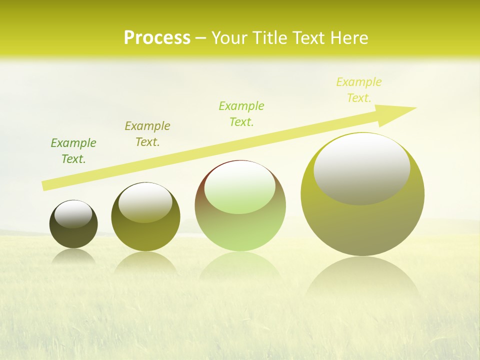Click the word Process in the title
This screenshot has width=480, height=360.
click(x=157, y=38)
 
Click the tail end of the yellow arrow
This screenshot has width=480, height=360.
click(x=44, y=186)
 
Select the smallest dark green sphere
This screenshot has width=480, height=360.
click(x=73, y=235)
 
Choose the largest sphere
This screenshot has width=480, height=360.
click(x=362, y=220)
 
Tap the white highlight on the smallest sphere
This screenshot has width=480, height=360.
click(x=73, y=214)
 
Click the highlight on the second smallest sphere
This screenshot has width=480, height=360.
click(x=145, y=202)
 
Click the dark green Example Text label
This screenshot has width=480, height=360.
click(x=73, y=151)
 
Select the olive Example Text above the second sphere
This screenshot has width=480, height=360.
click(x=147, y=134)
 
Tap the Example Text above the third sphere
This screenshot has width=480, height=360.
click(x=241, y=114)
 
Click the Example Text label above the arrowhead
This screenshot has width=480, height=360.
click(x=359, y=90)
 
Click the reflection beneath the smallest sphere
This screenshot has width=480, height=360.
click(x=73, y=256)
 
